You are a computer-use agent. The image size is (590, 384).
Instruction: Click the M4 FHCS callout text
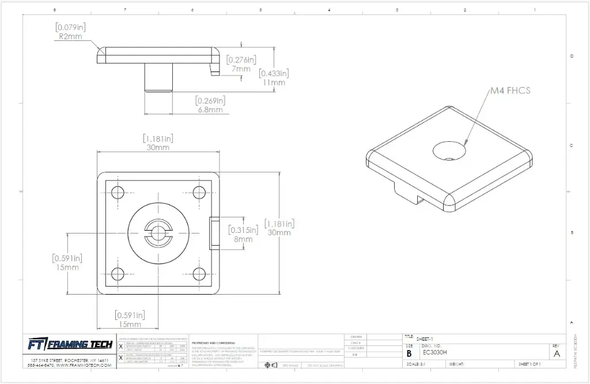click(510, 91)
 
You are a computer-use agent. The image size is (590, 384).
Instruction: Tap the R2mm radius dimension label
click(70, 36)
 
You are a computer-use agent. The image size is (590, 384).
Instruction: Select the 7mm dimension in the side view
click(242, 69)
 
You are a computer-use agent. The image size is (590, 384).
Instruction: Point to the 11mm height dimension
click(274, 82)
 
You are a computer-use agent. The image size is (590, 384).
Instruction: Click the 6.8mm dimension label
click(210, 110)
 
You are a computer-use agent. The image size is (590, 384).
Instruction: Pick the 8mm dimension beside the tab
click(243, 239)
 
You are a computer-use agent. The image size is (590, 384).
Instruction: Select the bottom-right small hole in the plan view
click(199, 273)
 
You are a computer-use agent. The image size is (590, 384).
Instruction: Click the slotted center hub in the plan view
click(158, 232)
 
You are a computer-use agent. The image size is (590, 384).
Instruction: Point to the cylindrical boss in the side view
click(158, 77)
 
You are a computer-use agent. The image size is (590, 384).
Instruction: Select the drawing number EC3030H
click(435, 353)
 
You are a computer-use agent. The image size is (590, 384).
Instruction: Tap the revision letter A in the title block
click(556, 353)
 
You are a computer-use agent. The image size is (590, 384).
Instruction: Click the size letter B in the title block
click(410, 353)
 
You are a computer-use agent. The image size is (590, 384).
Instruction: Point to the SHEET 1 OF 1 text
click(532, 364)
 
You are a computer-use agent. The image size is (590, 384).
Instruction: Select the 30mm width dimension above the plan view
click(158, 147)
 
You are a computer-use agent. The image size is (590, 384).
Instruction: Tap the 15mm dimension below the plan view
click(130, 324)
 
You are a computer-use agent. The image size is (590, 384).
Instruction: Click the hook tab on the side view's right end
click(215, 67)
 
